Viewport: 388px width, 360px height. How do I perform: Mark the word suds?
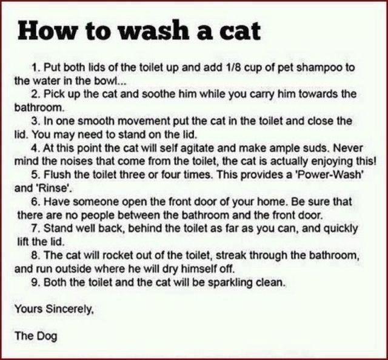click(318, 148)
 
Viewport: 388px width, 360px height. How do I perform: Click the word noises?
click(69, 162)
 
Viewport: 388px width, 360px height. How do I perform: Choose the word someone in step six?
click(93, 202)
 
